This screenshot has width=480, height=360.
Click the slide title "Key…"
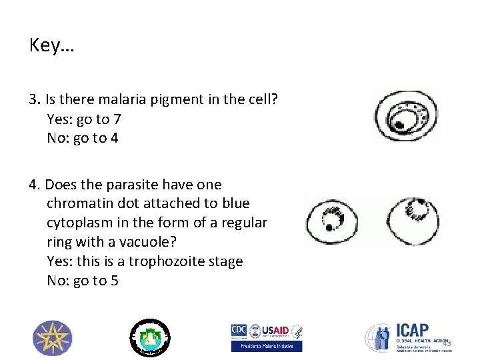pyautogui.click(x=52, y=45)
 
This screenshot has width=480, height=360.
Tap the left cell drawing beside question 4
pyautogui.click(x=331, y=221)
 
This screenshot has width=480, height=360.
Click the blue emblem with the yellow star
pyautogui.click(x=53, y=338)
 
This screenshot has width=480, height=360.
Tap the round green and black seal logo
pyautogui.click(x=150, y=337)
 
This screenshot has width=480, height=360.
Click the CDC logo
pyautogui.click(x=239, y=331)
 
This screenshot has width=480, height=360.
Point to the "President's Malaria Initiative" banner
pyautogui.click(x=266, y=346)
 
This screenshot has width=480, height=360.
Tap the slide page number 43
pyautogui.click(x=447, y=343)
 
